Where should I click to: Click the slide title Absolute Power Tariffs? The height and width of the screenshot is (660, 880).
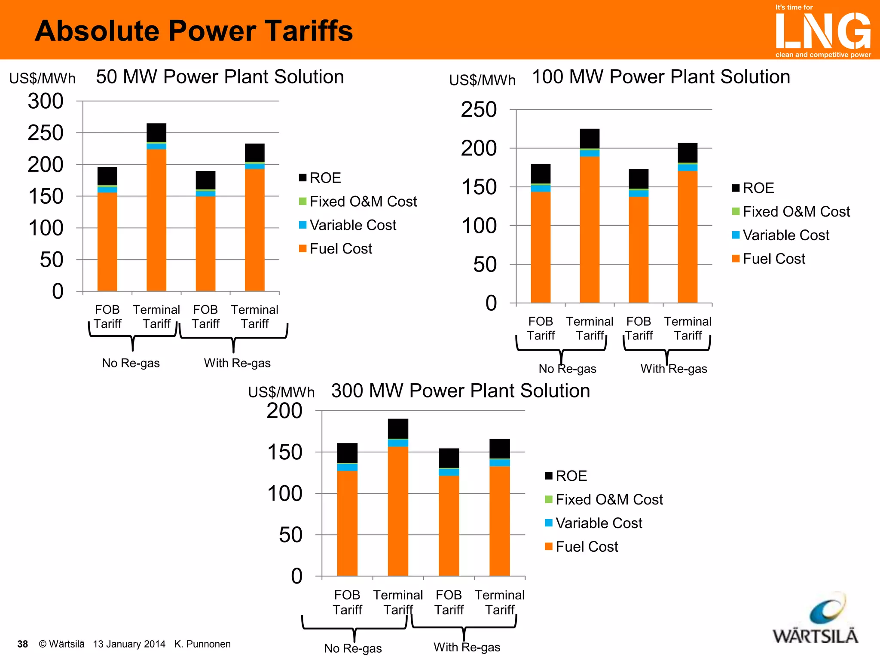(x=194, y=31)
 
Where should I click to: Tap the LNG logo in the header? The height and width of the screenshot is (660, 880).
(x=823, y=31)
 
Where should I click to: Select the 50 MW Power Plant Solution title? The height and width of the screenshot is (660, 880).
(x=220, y=77)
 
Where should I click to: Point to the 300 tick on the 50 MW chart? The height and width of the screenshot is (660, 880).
(x=46, y=101)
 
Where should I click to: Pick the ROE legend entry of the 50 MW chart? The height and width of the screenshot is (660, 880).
(x=320, y=178)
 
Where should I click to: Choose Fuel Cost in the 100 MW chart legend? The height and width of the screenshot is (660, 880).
(x=769, y=259)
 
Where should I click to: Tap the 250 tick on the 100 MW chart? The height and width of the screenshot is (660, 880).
(x=479, y=110)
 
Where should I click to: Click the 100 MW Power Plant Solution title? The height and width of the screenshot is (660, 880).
(x=661, y=77)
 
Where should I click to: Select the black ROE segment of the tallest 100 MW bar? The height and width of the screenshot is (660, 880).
(x=590, y=138)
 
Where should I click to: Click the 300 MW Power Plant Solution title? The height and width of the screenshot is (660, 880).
(x=460, y=391)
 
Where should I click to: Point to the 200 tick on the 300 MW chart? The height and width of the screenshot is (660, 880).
(x=284, y=411)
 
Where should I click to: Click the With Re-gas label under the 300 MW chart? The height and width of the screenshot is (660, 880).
(x=467, y=647)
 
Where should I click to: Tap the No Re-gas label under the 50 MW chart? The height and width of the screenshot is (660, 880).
(x=131, y=363)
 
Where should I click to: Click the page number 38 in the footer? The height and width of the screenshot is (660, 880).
(x=22, y=644)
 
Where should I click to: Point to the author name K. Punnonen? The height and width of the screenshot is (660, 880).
(x=202, y=644)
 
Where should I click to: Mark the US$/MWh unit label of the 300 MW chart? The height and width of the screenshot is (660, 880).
(x=281, y=392)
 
